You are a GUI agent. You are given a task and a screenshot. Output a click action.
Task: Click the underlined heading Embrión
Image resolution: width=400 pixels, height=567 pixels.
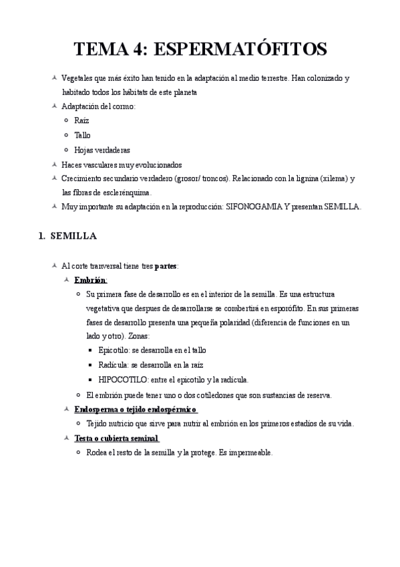tap(91, 279)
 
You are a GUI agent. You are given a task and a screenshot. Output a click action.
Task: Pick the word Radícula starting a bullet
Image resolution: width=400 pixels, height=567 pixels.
tap(113, 364)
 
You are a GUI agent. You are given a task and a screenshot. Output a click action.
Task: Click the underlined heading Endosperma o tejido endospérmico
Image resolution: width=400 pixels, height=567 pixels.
tap(136, 409)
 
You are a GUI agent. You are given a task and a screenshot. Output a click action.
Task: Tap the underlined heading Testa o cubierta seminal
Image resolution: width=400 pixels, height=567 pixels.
tap(116, 438)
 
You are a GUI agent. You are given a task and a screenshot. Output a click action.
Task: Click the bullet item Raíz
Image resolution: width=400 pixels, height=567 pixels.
tap(81, 120)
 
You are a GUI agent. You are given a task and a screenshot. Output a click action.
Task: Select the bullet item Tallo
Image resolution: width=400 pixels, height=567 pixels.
tap(82, 135)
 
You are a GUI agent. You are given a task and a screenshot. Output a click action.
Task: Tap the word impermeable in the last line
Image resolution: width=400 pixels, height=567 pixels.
tap(250, 453)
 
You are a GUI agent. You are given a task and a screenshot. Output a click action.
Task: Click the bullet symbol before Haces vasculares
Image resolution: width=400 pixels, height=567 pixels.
tap(54, 164)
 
